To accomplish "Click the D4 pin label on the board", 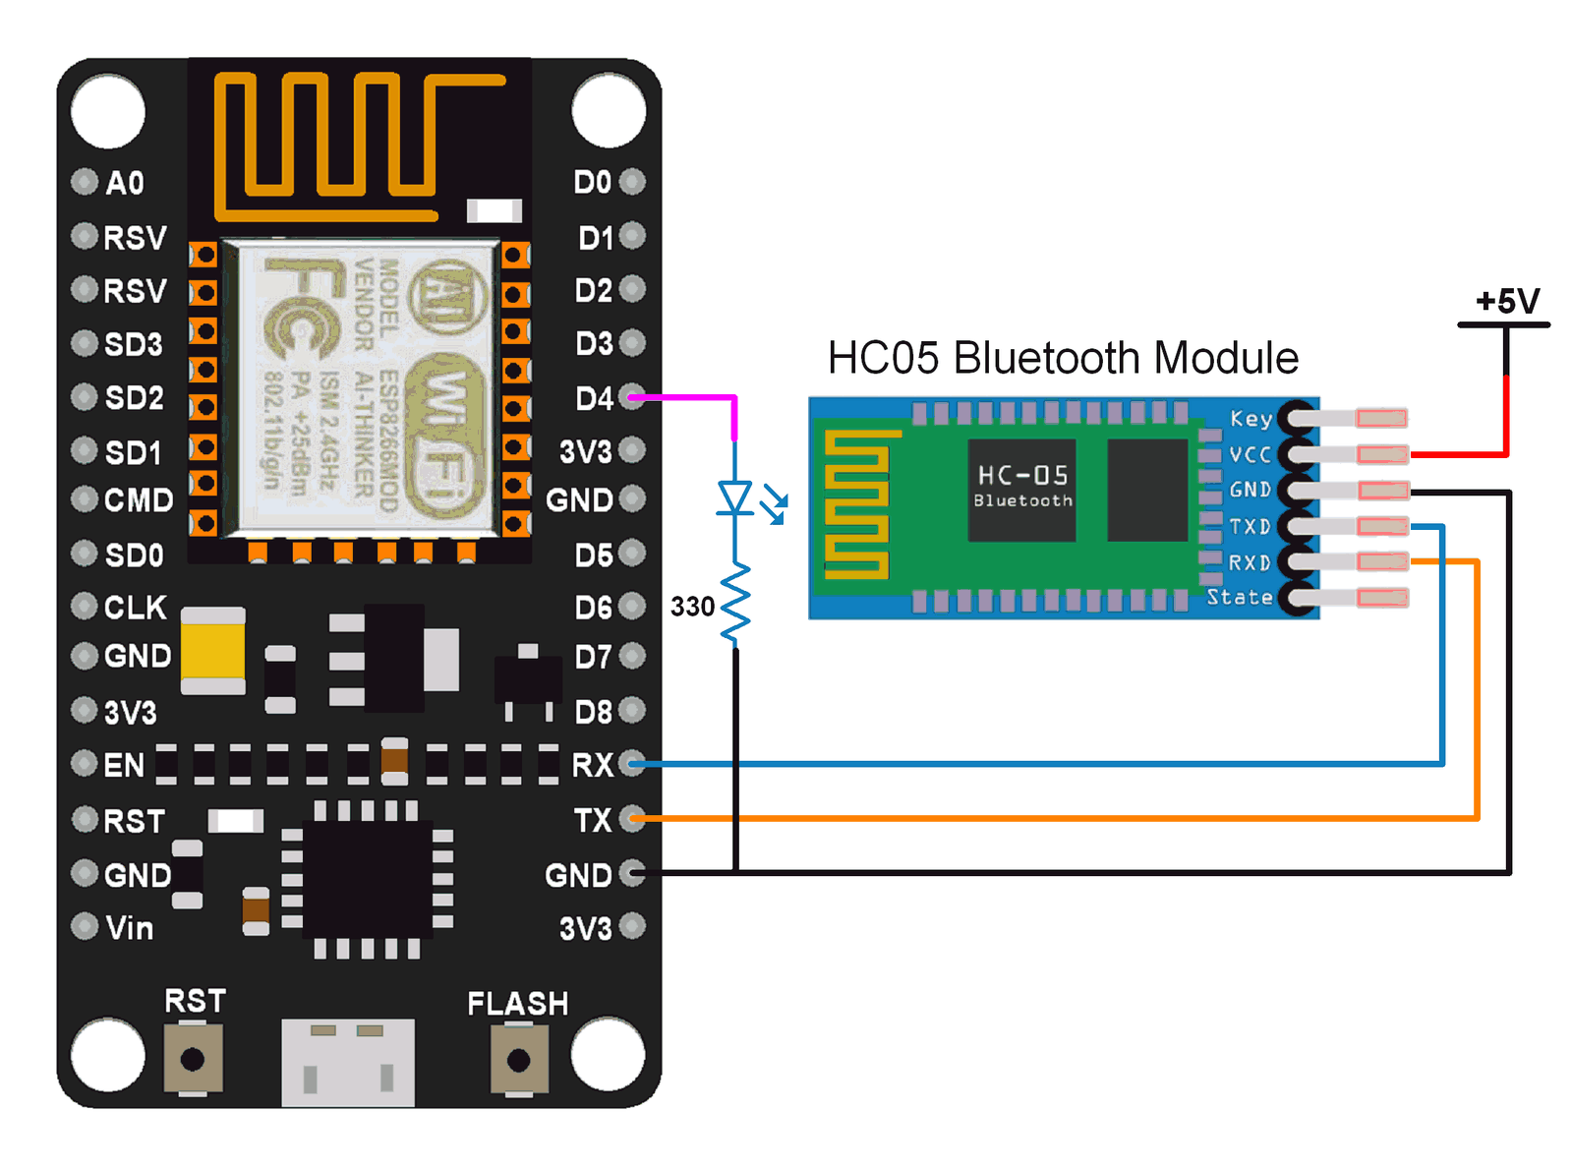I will [x=594, y=398].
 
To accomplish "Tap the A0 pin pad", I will [x=86, y=182].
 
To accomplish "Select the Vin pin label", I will [x=130, y=928].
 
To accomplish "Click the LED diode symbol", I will [x=735, y=497].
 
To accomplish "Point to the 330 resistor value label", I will [x=692, y=607].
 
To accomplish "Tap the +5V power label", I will [x=1507, y=301].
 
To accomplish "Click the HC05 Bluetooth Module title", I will [x=1062, y=358].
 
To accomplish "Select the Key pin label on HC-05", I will [x=1251, y=419].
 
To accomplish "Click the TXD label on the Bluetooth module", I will [x=1250, y=527].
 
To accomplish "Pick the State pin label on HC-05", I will [x=1239, y=598].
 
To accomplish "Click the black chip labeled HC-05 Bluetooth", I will [x=1021, y=490].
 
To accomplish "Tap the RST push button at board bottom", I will [x=193, y=1059].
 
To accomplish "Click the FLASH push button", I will [x=518, y=1060].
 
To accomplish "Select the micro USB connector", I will [x=347, y=1062].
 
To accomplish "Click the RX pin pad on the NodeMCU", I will [x=633, y=764].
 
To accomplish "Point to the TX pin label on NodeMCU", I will [x=593, y=820].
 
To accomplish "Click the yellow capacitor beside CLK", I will [x=212, y=650].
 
